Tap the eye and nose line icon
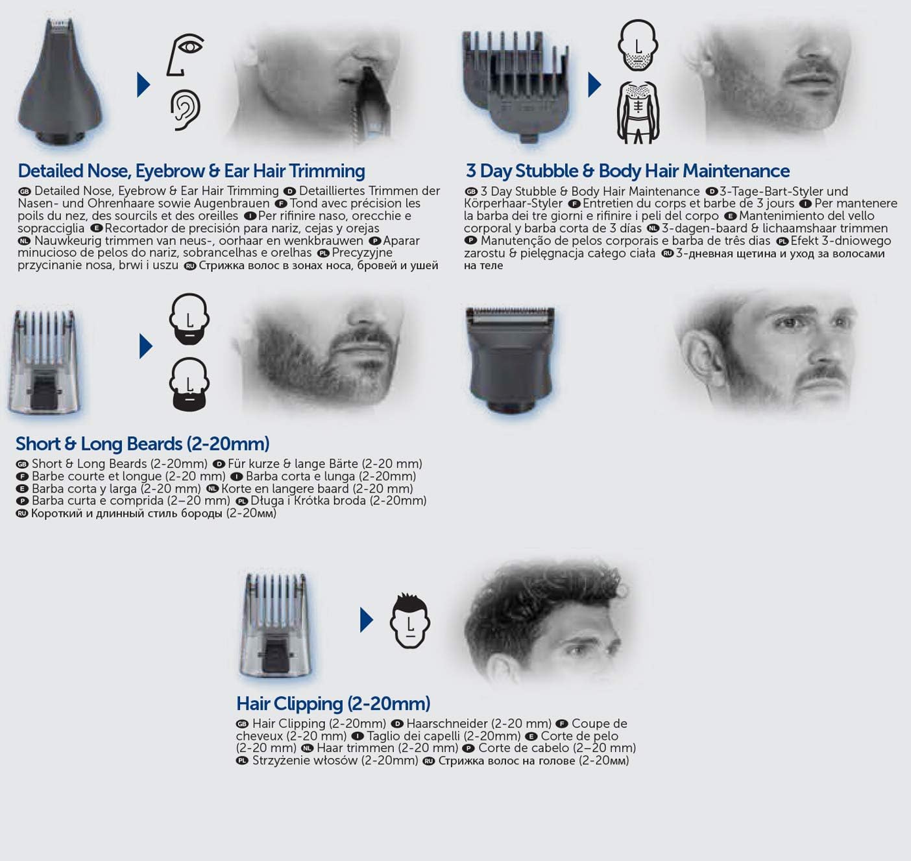click(185, 54)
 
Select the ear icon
click(186, 110)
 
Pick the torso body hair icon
click(638, 112)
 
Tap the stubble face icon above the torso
click(638, 45)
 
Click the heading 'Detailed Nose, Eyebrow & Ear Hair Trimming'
click(191, 171)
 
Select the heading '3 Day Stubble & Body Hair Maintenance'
click(627, 171)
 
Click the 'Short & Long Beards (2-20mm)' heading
click(142, 443)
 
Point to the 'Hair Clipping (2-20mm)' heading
click(333, 703)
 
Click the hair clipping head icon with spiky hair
click(410, 621)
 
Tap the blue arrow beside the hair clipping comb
click(367, 620)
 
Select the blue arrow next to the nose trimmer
click(143, 84)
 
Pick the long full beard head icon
click(189, 384)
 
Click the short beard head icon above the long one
click(189, 319)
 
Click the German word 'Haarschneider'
click(446, 724)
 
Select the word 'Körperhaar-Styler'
click(513, 204)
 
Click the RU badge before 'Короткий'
click(22, 513)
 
